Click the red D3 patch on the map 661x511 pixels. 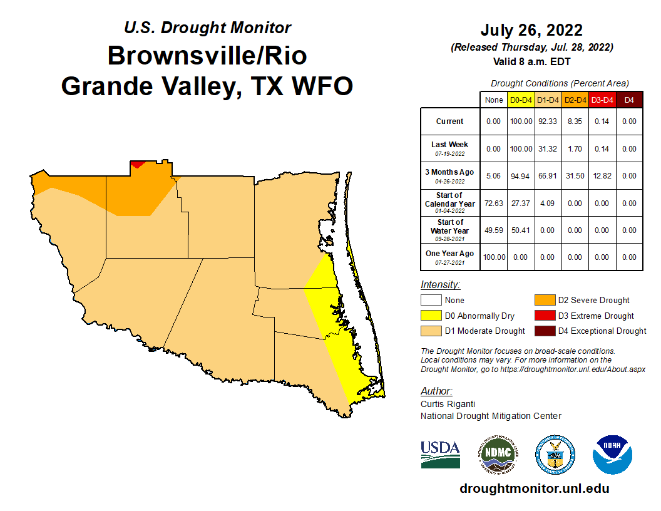(x=137, y=164)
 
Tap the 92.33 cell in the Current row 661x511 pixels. (x=548, y=121)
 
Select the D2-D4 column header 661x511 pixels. (x=575, y=100)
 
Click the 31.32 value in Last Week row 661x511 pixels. (x=548, y=149)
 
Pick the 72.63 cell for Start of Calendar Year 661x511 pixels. (x=493, y=204)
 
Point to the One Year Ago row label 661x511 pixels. (x=449, y=257)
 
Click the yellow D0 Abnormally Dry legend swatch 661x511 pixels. (x=430, y=316)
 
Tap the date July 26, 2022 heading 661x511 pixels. (x=531, y=30)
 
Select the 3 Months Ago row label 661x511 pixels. (x=449, y=175)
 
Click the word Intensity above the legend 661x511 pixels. (x=440, y=284)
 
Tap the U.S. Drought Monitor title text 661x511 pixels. (x=207, y=28)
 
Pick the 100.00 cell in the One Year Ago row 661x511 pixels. (x=493, y=257)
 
